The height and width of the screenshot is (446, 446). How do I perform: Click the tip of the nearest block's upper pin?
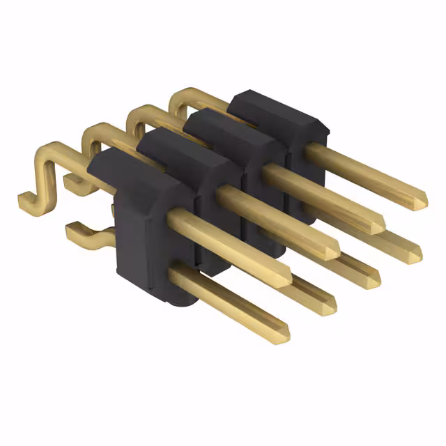click(286, 278)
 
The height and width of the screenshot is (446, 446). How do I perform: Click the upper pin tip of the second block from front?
click(333, 251)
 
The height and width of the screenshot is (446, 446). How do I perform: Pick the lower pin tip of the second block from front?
click(328, 305)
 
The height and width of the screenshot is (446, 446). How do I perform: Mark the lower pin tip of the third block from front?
click(373, 279)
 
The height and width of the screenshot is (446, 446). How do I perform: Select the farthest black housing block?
click(279, 122)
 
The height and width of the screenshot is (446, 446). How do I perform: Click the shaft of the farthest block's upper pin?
click(362, 167)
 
